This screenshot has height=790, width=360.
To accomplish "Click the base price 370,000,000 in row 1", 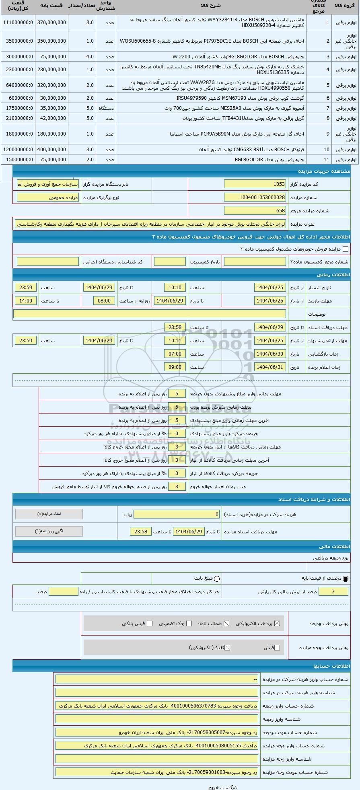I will (x=51, y=23).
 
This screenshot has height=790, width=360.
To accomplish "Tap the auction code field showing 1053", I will (x=255, y=184).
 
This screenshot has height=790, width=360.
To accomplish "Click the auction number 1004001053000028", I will (x=255, y=197).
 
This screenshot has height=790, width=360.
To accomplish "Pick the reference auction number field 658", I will (x=255, y=211).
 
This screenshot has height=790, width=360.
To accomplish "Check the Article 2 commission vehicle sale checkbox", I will (x=345, y=249).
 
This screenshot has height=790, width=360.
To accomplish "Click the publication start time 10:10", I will (x=175, y=288).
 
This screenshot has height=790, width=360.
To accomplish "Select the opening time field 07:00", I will (x=175, y=354).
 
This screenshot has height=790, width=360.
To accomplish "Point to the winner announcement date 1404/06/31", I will (x=270, y=367).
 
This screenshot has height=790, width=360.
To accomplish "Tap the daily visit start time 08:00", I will (x=104, y=301).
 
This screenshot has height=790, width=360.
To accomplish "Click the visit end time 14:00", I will (x=25, y=301).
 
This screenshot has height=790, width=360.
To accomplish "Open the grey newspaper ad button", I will (x=49, y=531).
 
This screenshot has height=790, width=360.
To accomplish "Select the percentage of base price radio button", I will (x=346, y=578).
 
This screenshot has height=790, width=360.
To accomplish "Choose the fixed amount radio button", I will (x=217, y=579).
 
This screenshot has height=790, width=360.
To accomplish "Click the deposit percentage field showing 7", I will (x=333, y=591).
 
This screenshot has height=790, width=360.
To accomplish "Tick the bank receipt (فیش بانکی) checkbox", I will (x=150, y=623).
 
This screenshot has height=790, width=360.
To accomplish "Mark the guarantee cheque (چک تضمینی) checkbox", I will (x=189, y=623).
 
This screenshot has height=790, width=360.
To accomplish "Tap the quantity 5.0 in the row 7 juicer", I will (x=90, y=108).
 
